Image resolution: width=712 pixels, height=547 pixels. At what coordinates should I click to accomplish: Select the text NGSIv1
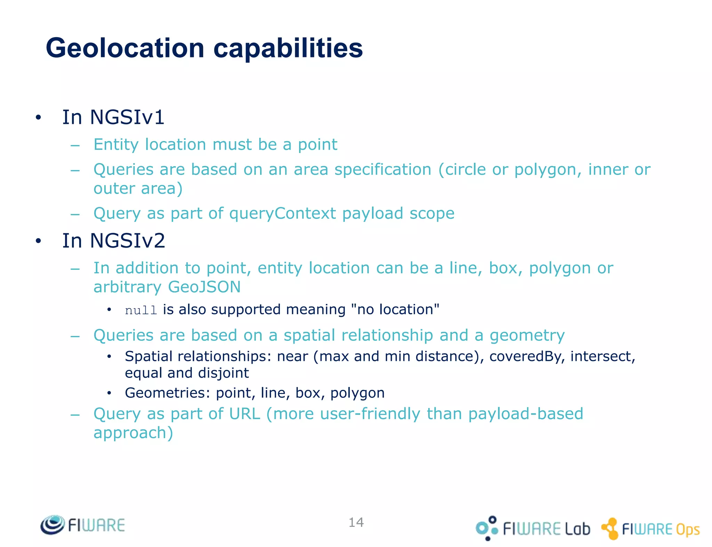point(127,117)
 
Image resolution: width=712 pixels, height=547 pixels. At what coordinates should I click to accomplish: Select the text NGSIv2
point(127,241)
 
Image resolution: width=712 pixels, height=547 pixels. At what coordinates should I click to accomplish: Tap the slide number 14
point(356,522)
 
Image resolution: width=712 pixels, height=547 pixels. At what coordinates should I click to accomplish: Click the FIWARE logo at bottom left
point(83,525)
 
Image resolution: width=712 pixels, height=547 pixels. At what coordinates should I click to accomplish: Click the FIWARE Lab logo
point(532,528)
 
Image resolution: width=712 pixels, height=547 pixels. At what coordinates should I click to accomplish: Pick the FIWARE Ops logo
point(650,529)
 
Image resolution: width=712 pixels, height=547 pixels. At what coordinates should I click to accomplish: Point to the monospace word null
point(141,310)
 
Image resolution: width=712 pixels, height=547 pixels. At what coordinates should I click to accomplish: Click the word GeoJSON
point(204,287)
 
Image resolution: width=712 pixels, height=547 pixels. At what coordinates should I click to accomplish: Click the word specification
point(383,170)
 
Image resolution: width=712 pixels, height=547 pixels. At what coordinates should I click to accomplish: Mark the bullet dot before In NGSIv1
point(38,118)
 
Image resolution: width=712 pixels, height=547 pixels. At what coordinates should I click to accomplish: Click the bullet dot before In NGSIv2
point(38,241)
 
